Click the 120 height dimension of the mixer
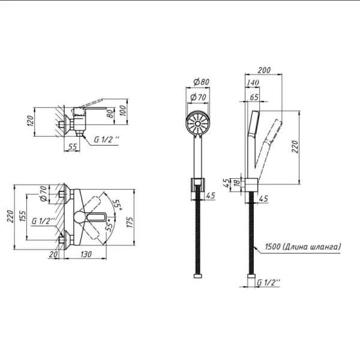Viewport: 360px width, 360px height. pyautogui.click(x=31, y=121)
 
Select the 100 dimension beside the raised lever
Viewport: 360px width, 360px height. pyautogui.click(x=123, y=110)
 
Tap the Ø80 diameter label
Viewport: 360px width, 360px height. pyautogui.click(x=201, y=82)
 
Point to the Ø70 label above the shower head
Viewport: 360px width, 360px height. pyautogui.click(x=199, y=97)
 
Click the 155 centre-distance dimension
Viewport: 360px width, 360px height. pyautogui.click(x=23, y=216)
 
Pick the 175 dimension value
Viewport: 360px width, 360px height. pyautogui.click(x=130, y=222)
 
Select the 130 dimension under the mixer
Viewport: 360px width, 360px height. pyautogui.click(x=86, y=254)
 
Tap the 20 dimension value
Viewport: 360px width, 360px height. pyautogui.click(x=53, y=254)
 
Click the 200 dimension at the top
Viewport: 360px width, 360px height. pyautogui.click(x=264, y=70)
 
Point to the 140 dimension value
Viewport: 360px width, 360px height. pyautogui.click(x=253, y=82)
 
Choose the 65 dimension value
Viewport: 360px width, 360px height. pyautogui.click(x=254, y=97)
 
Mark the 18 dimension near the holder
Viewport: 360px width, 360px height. pyautogui.click(x=237, y=183)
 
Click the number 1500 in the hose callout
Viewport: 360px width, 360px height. pyautogui.click(x=272, y=247)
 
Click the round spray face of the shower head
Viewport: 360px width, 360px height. pyautogui.click(x=197, y=124)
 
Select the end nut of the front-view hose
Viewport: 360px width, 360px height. pyautogui.click(x=197, y=276)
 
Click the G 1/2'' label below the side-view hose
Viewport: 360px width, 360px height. pyautogui.click(x=269, y=283)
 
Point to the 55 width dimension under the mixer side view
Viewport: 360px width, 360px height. pyautogui.click(x=73, y=146)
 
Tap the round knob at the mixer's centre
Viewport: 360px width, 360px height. pyautogui.click(x=80, y=217)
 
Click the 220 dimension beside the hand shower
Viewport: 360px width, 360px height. pyautogui.click(x=295, y=147)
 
